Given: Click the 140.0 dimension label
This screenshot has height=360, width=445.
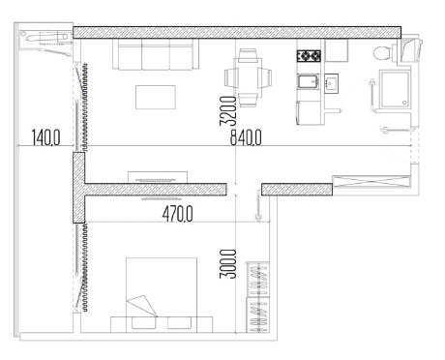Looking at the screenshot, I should click(x=44, y=138).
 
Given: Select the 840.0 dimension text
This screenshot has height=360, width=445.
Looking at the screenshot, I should click(x=246, y=138).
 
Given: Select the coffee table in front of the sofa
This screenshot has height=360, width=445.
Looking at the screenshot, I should click(x=156, y=97).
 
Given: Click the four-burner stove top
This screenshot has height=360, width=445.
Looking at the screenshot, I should click(x=309, y=56).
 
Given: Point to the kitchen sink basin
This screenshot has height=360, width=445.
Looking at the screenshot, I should click(x=310, y=83).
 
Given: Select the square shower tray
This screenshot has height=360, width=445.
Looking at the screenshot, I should click(x=395, y=93).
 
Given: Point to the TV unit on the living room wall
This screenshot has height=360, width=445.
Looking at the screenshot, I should click(x=154, y=178).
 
